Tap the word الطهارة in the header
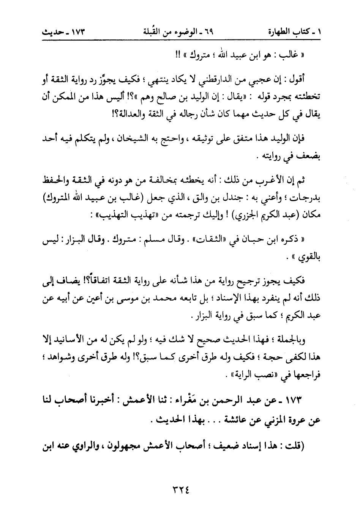pos(280,31)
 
